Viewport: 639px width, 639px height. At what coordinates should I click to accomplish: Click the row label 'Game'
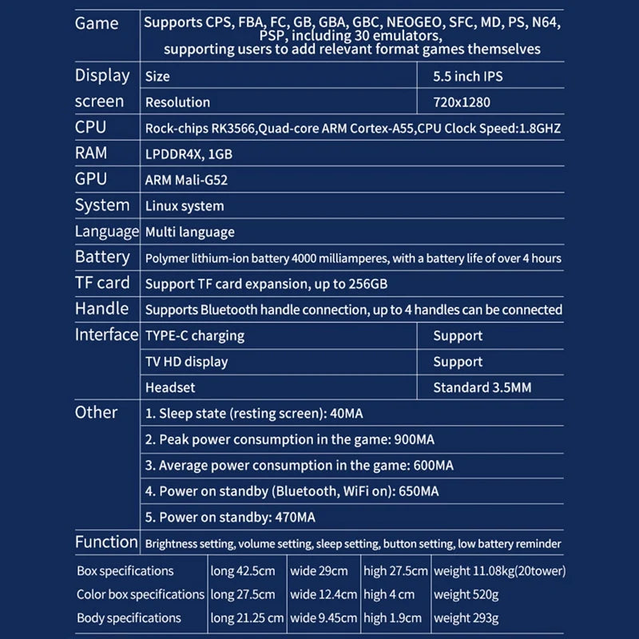[x=97, y=23]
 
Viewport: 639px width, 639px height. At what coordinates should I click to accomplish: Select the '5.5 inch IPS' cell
[x=467, y=77]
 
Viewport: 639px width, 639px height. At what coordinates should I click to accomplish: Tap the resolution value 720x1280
[x=461, y=102]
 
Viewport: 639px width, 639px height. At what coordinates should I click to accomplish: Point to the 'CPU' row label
[x=90, y=127]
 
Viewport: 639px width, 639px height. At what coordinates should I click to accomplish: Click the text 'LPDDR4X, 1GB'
[x=189, y=153]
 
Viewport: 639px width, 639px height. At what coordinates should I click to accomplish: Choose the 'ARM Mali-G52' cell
[x=186, y=180]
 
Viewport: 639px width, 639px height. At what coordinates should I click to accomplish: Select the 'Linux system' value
[x=185, y=206]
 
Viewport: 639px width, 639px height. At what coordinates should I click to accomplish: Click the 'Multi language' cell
[x=189, y=232]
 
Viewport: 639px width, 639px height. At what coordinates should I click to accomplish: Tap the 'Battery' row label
[x=102, y=257]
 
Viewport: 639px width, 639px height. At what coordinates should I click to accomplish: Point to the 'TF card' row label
[x=101, y=283]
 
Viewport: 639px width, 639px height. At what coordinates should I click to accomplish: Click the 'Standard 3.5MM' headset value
[x=482, y=387]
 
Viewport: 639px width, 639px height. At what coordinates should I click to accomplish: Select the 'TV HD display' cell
[x=186, y=362]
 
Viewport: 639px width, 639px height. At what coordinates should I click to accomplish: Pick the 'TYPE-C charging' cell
[x=194, y=335]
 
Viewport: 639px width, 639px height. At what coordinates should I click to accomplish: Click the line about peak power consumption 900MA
[x=289, y=439]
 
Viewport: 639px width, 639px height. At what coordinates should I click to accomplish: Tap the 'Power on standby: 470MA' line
[x=230, y=517]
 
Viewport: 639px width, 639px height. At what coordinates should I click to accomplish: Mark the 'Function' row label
[x=106, y=542]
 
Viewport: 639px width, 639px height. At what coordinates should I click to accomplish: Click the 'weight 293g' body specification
[x=466, y=617]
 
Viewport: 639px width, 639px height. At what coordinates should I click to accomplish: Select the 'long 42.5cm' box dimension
[x=243, y=571]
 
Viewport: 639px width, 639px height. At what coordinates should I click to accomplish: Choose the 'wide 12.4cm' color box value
[x=323, y=594]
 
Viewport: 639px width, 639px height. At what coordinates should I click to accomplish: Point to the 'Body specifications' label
[x=129, y=617]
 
